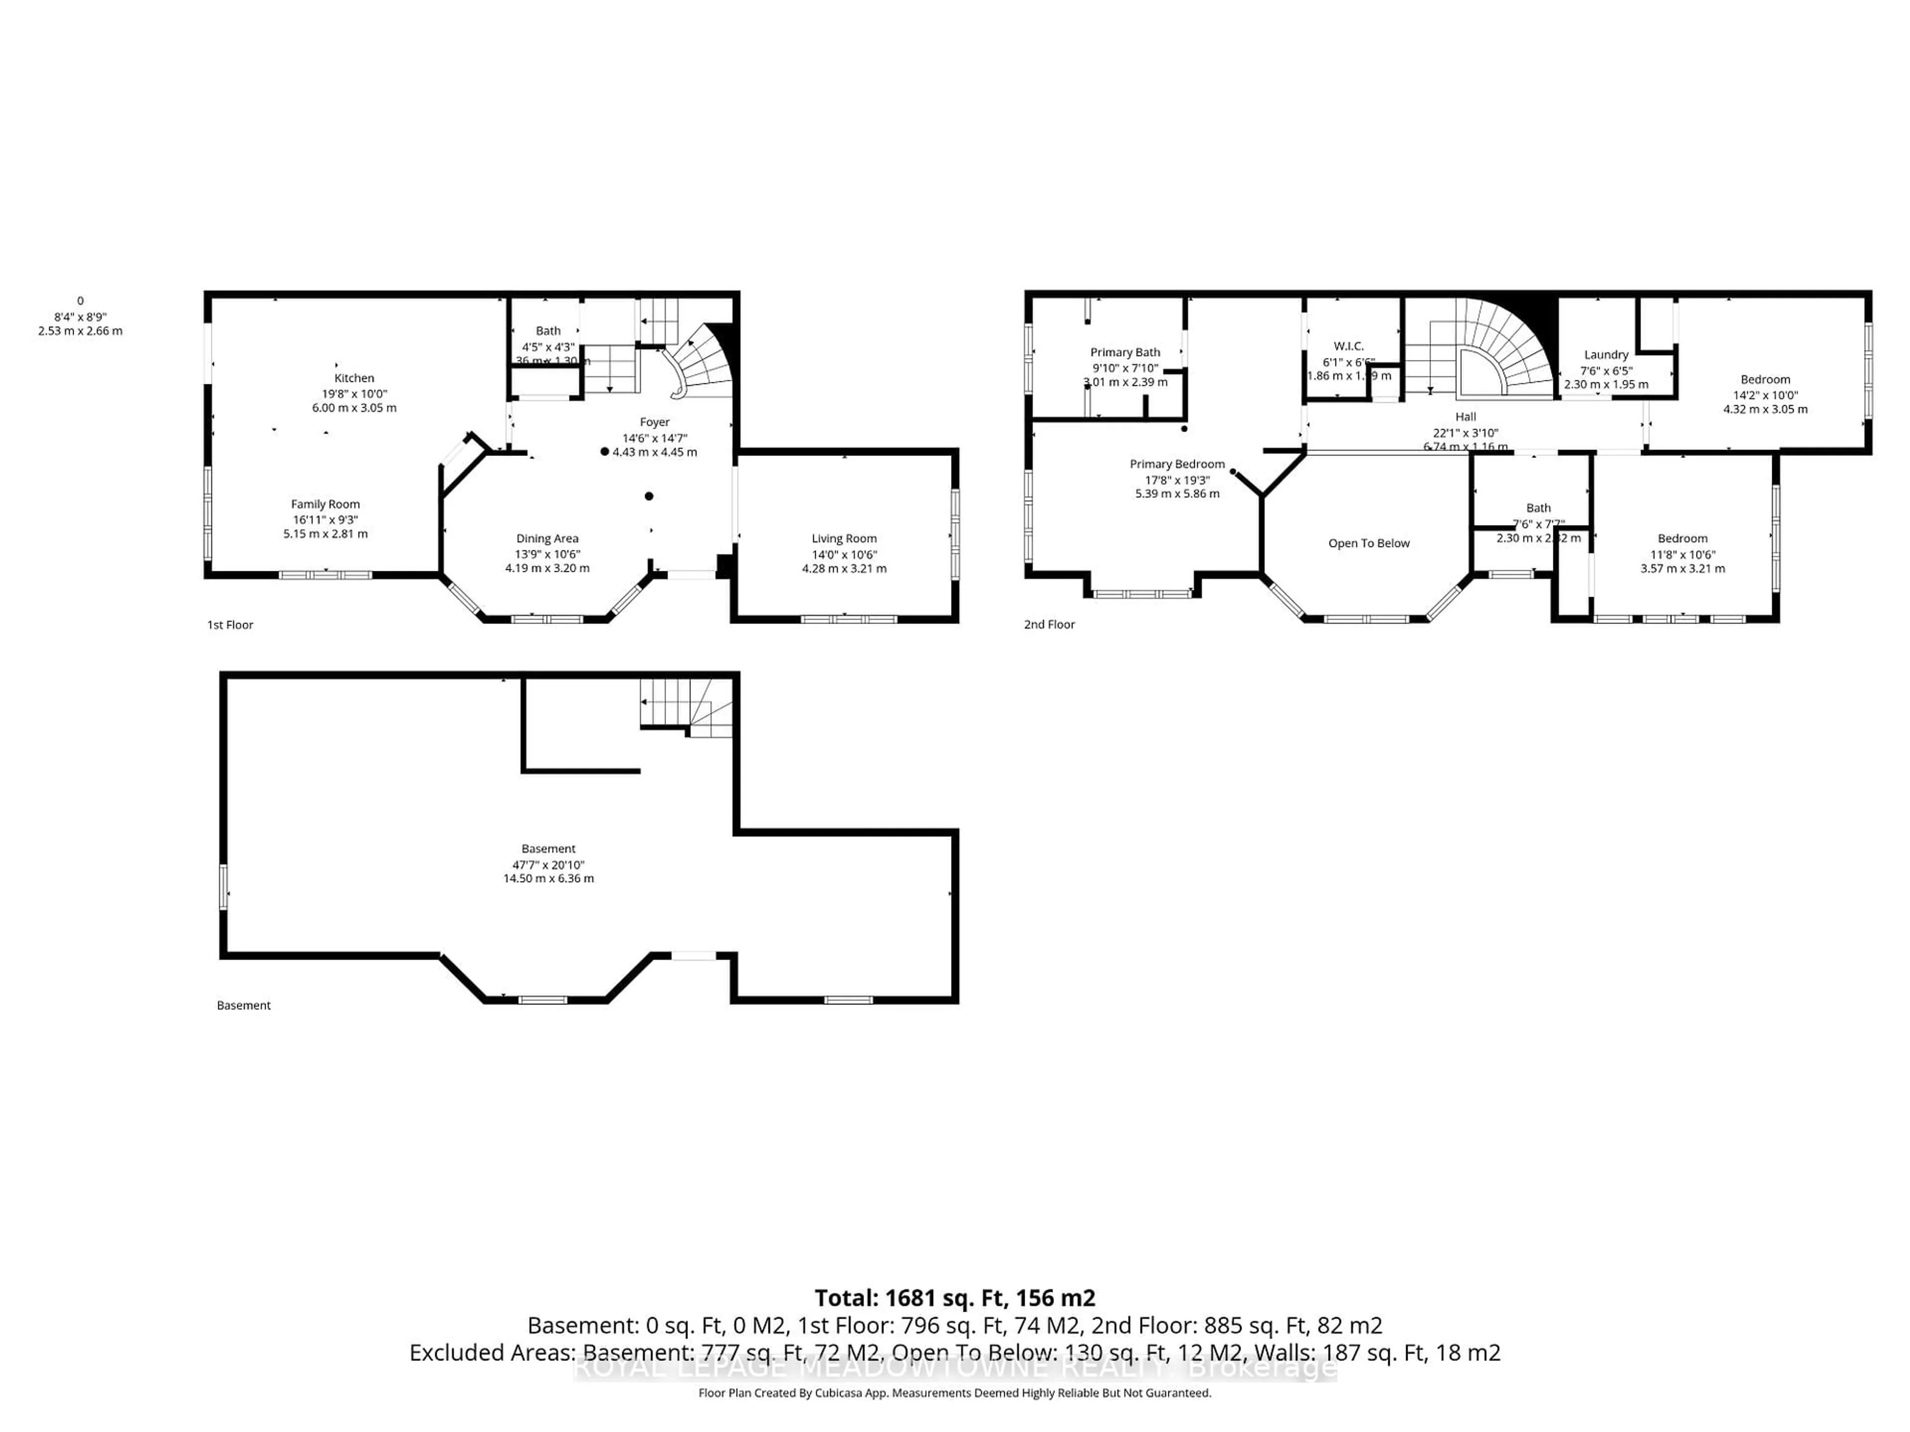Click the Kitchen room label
click(354, 378)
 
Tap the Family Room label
click(325, 504)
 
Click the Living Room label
click(844, 538)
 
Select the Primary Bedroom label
click(1177, 464)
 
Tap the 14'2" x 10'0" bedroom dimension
click(1765, 394)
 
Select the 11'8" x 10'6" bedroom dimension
click(1682, 554)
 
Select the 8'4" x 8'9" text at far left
click(80, 317)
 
